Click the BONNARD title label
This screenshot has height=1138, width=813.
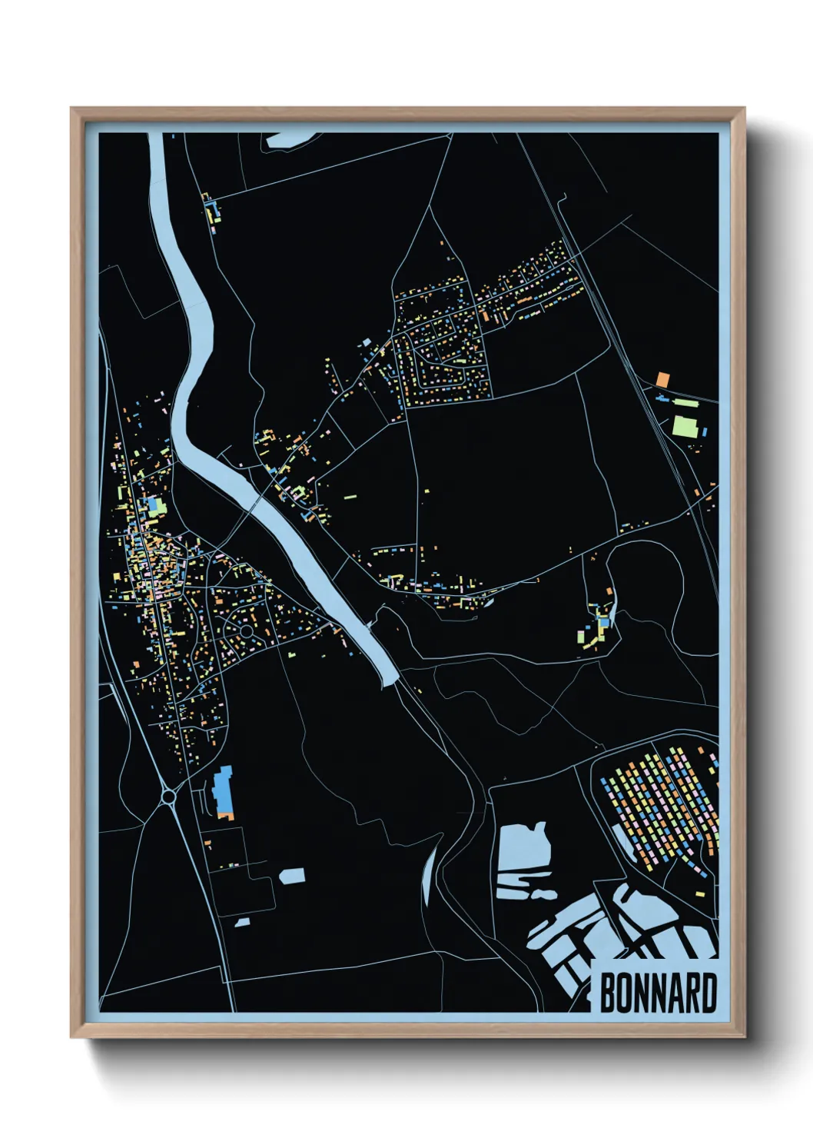click(657, 993)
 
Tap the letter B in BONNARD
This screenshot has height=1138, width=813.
click(607, 993)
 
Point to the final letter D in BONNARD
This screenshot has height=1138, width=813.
click(708, 993)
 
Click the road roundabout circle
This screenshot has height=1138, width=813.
click(168, 797)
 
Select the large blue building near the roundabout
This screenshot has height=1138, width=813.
click(224, 792)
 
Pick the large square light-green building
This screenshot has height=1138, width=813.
click(684, 425)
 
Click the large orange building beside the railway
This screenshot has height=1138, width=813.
click(662, 378)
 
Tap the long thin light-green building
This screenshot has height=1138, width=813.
click(685, 402)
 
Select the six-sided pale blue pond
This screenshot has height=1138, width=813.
click(292, 876)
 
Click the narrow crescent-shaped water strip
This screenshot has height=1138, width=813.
click(428, 877)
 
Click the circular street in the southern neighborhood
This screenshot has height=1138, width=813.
click(246, 631)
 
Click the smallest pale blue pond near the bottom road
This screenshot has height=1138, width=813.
click(242, 921)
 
